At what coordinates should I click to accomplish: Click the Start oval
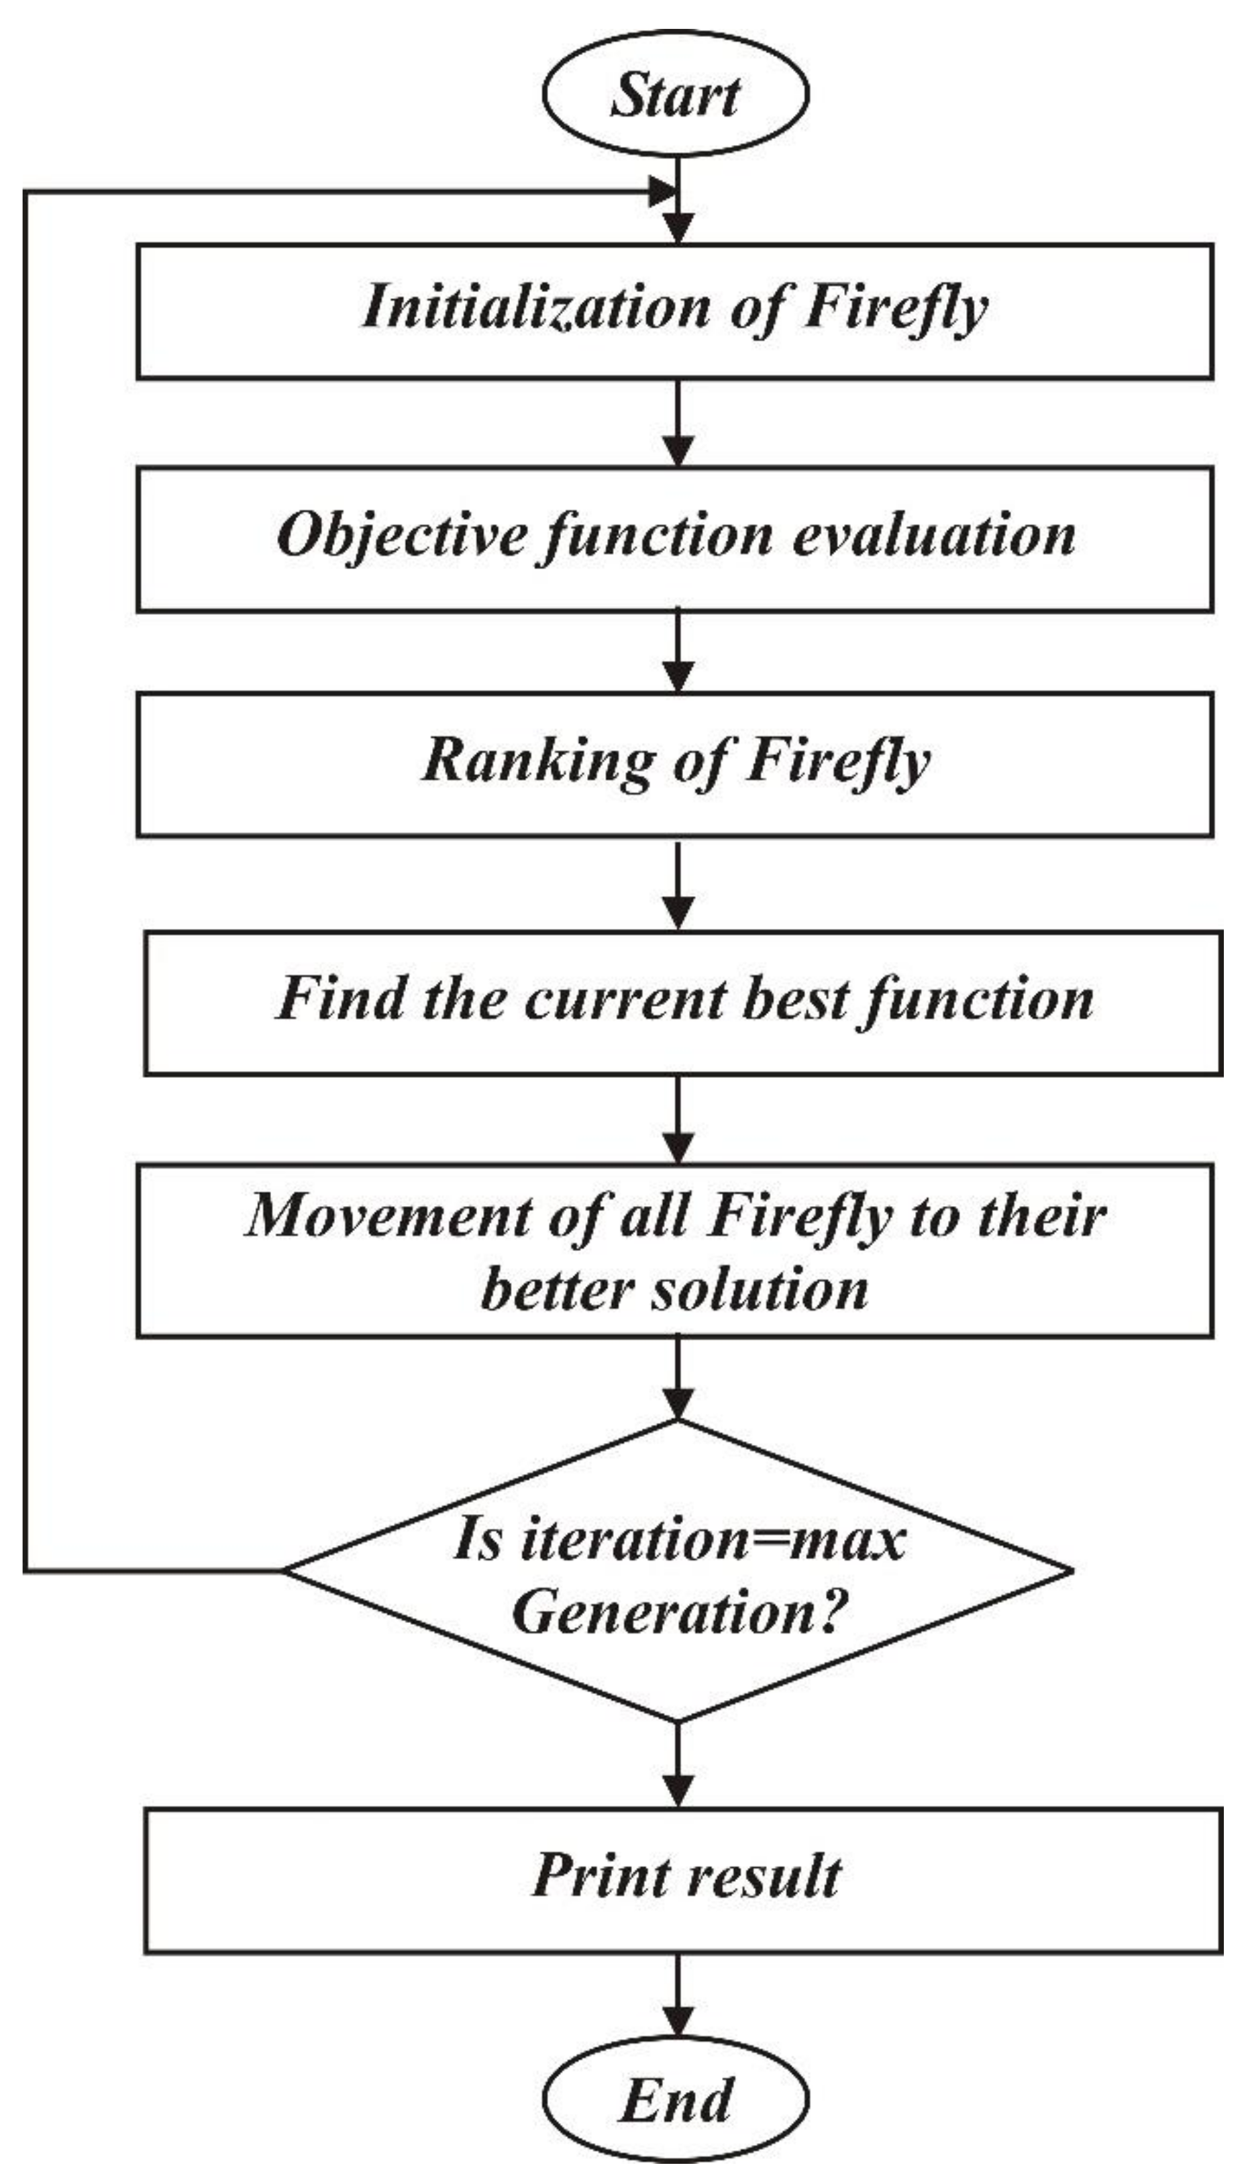point(676,95)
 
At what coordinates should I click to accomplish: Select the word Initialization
point(535,307)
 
